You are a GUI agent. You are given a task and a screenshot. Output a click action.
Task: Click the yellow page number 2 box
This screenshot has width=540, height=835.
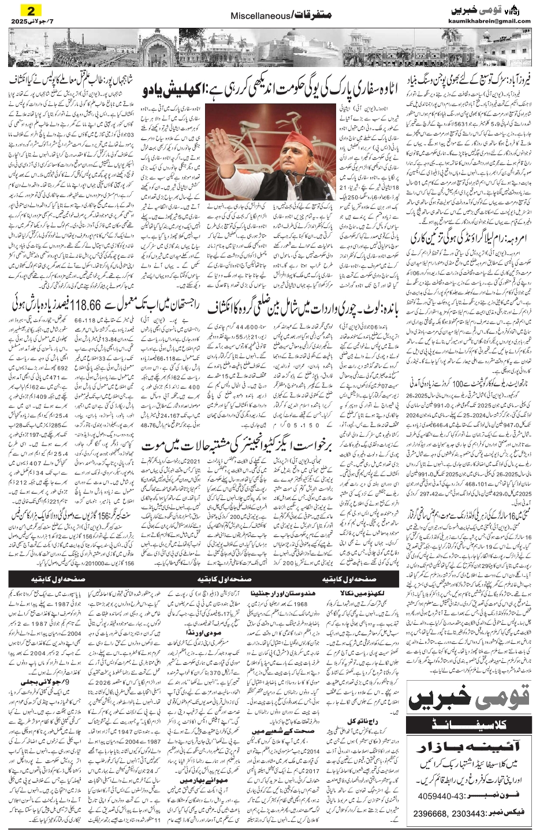pyautogui.click(x=31, y=10)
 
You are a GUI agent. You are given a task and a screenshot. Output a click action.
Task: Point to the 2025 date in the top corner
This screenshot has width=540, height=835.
pyautogui.click(x=21, y=21)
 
